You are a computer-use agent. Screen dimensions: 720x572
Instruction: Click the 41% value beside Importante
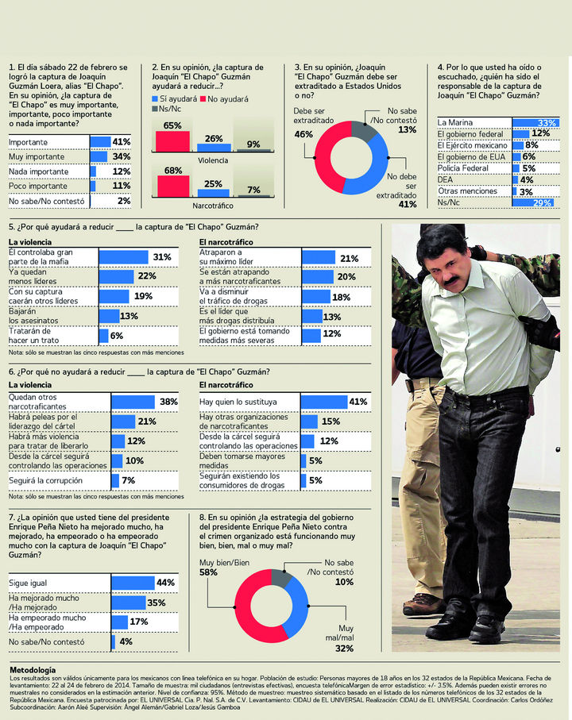click(x=121, y=141)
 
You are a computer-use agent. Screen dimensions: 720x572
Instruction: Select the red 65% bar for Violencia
click(x=172, y=141)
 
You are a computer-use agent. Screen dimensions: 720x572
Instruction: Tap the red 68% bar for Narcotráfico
click(x=172, y=185)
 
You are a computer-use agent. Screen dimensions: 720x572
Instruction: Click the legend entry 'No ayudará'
click(x=228, y=98)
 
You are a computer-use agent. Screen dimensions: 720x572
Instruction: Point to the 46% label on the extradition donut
click(x=303, y=135)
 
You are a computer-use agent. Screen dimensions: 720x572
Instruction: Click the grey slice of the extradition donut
click(x=364, y=129)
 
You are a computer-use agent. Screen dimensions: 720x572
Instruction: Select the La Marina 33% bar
click(x=535, y=122)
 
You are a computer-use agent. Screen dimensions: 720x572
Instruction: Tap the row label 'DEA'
click(x=446, y=179)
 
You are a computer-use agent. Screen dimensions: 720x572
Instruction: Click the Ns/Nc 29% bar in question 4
click(x=535, y=203)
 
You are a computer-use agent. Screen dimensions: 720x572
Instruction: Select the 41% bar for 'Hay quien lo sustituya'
click(x=324, y=402)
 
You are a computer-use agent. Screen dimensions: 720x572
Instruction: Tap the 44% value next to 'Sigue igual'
click(x=165, y=583)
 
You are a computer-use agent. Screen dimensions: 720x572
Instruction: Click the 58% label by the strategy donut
click(x=209, y=572)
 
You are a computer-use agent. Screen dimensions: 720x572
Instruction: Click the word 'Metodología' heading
click(x=33, y=670)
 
